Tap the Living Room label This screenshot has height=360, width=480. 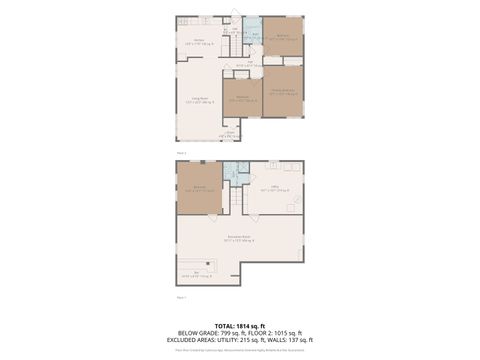click(199, 99)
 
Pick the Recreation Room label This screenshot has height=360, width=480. click(239, 238)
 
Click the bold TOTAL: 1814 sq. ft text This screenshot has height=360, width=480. click(239, 326)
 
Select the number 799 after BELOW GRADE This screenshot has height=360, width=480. click(215, 333)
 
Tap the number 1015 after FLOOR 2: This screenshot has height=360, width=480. click(274, 333)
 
